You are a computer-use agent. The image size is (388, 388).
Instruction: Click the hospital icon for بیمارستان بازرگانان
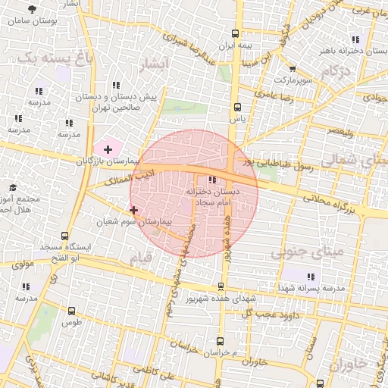[107, 149]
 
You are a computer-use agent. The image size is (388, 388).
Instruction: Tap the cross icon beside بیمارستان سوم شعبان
[134, 210]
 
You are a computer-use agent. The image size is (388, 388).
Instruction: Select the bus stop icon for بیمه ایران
[235, 33]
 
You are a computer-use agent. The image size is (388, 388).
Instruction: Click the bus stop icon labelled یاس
[238, 107]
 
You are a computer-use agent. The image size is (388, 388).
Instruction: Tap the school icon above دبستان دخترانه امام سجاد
[211, 180]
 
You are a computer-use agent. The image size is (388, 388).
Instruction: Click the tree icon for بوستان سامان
[31, 8]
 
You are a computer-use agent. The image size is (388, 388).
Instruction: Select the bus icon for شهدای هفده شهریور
[221, 286]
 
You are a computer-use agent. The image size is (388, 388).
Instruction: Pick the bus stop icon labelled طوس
[71, 311]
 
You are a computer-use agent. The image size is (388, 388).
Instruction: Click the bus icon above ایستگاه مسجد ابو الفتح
[64, 236]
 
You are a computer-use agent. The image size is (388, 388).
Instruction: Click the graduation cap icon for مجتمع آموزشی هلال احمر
[13, 187]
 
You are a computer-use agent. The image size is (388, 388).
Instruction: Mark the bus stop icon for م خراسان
[220, 341]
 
